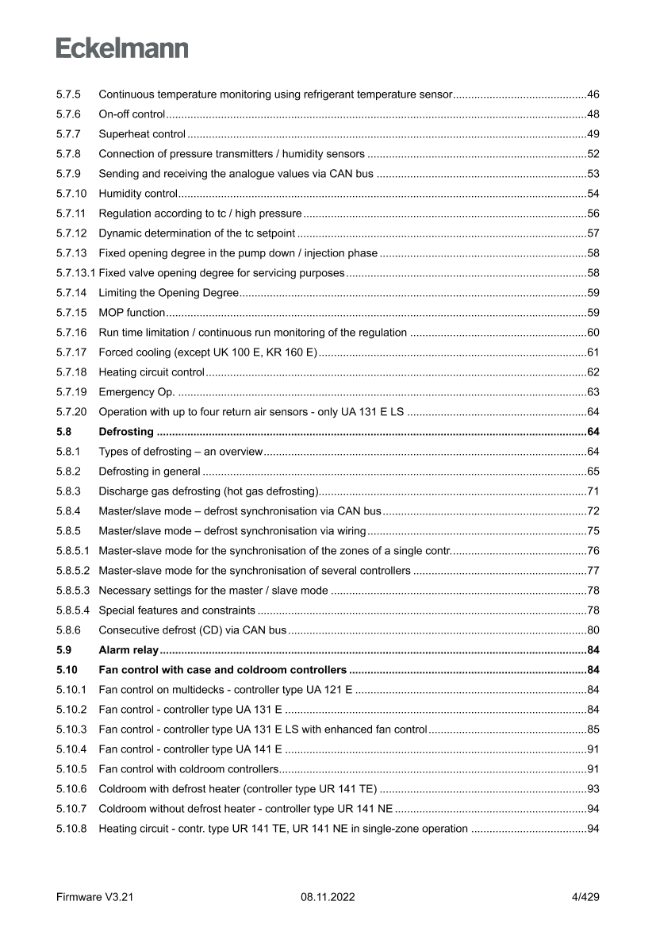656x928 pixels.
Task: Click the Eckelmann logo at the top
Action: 121,48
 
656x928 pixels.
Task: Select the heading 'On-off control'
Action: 132,114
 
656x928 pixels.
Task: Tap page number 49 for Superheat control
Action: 593,134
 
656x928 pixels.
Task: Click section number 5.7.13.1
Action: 75,273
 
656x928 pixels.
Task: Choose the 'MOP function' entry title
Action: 132,313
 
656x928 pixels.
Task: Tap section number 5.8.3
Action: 67,491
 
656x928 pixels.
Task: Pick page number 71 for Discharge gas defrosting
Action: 593,491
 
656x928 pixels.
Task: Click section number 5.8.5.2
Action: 73,570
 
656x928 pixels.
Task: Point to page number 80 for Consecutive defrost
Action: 593,630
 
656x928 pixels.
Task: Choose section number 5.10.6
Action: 71,788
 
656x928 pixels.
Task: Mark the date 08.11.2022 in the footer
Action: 328,897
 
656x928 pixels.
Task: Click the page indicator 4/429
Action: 585,897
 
